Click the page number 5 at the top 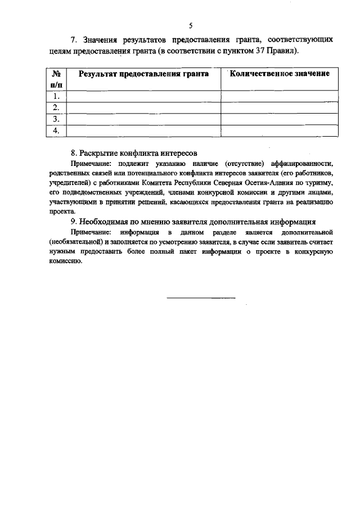pos(191,26)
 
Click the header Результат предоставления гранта pos(143,74)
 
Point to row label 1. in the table pos(56,96)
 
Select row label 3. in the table pos(56,119)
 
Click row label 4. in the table pos(56,130)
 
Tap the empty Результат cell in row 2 pos(143,107)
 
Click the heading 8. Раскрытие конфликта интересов pos(134,153)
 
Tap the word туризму pos(320,183)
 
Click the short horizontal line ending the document pos(201,297)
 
